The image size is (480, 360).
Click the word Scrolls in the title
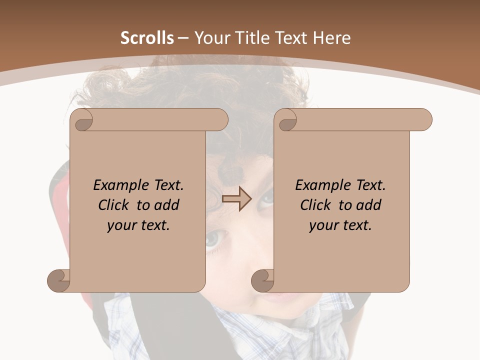[x=147, y=38]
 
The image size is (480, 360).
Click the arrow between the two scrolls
[x=236, y=198]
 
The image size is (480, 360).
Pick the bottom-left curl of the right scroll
[x=262, y=280]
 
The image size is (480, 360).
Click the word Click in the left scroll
[x=115, y=205]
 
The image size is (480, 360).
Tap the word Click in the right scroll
[x=317, y=205]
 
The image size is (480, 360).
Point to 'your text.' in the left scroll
[x=138, y=225]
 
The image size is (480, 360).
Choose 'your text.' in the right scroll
[x=340, y=225]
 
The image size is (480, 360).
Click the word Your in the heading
[x=209, y=38]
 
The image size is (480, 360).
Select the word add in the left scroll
[x=167, y=205]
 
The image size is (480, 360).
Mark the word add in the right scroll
[x=369, y=205]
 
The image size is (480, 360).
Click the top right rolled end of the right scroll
[x=422, y=120]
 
